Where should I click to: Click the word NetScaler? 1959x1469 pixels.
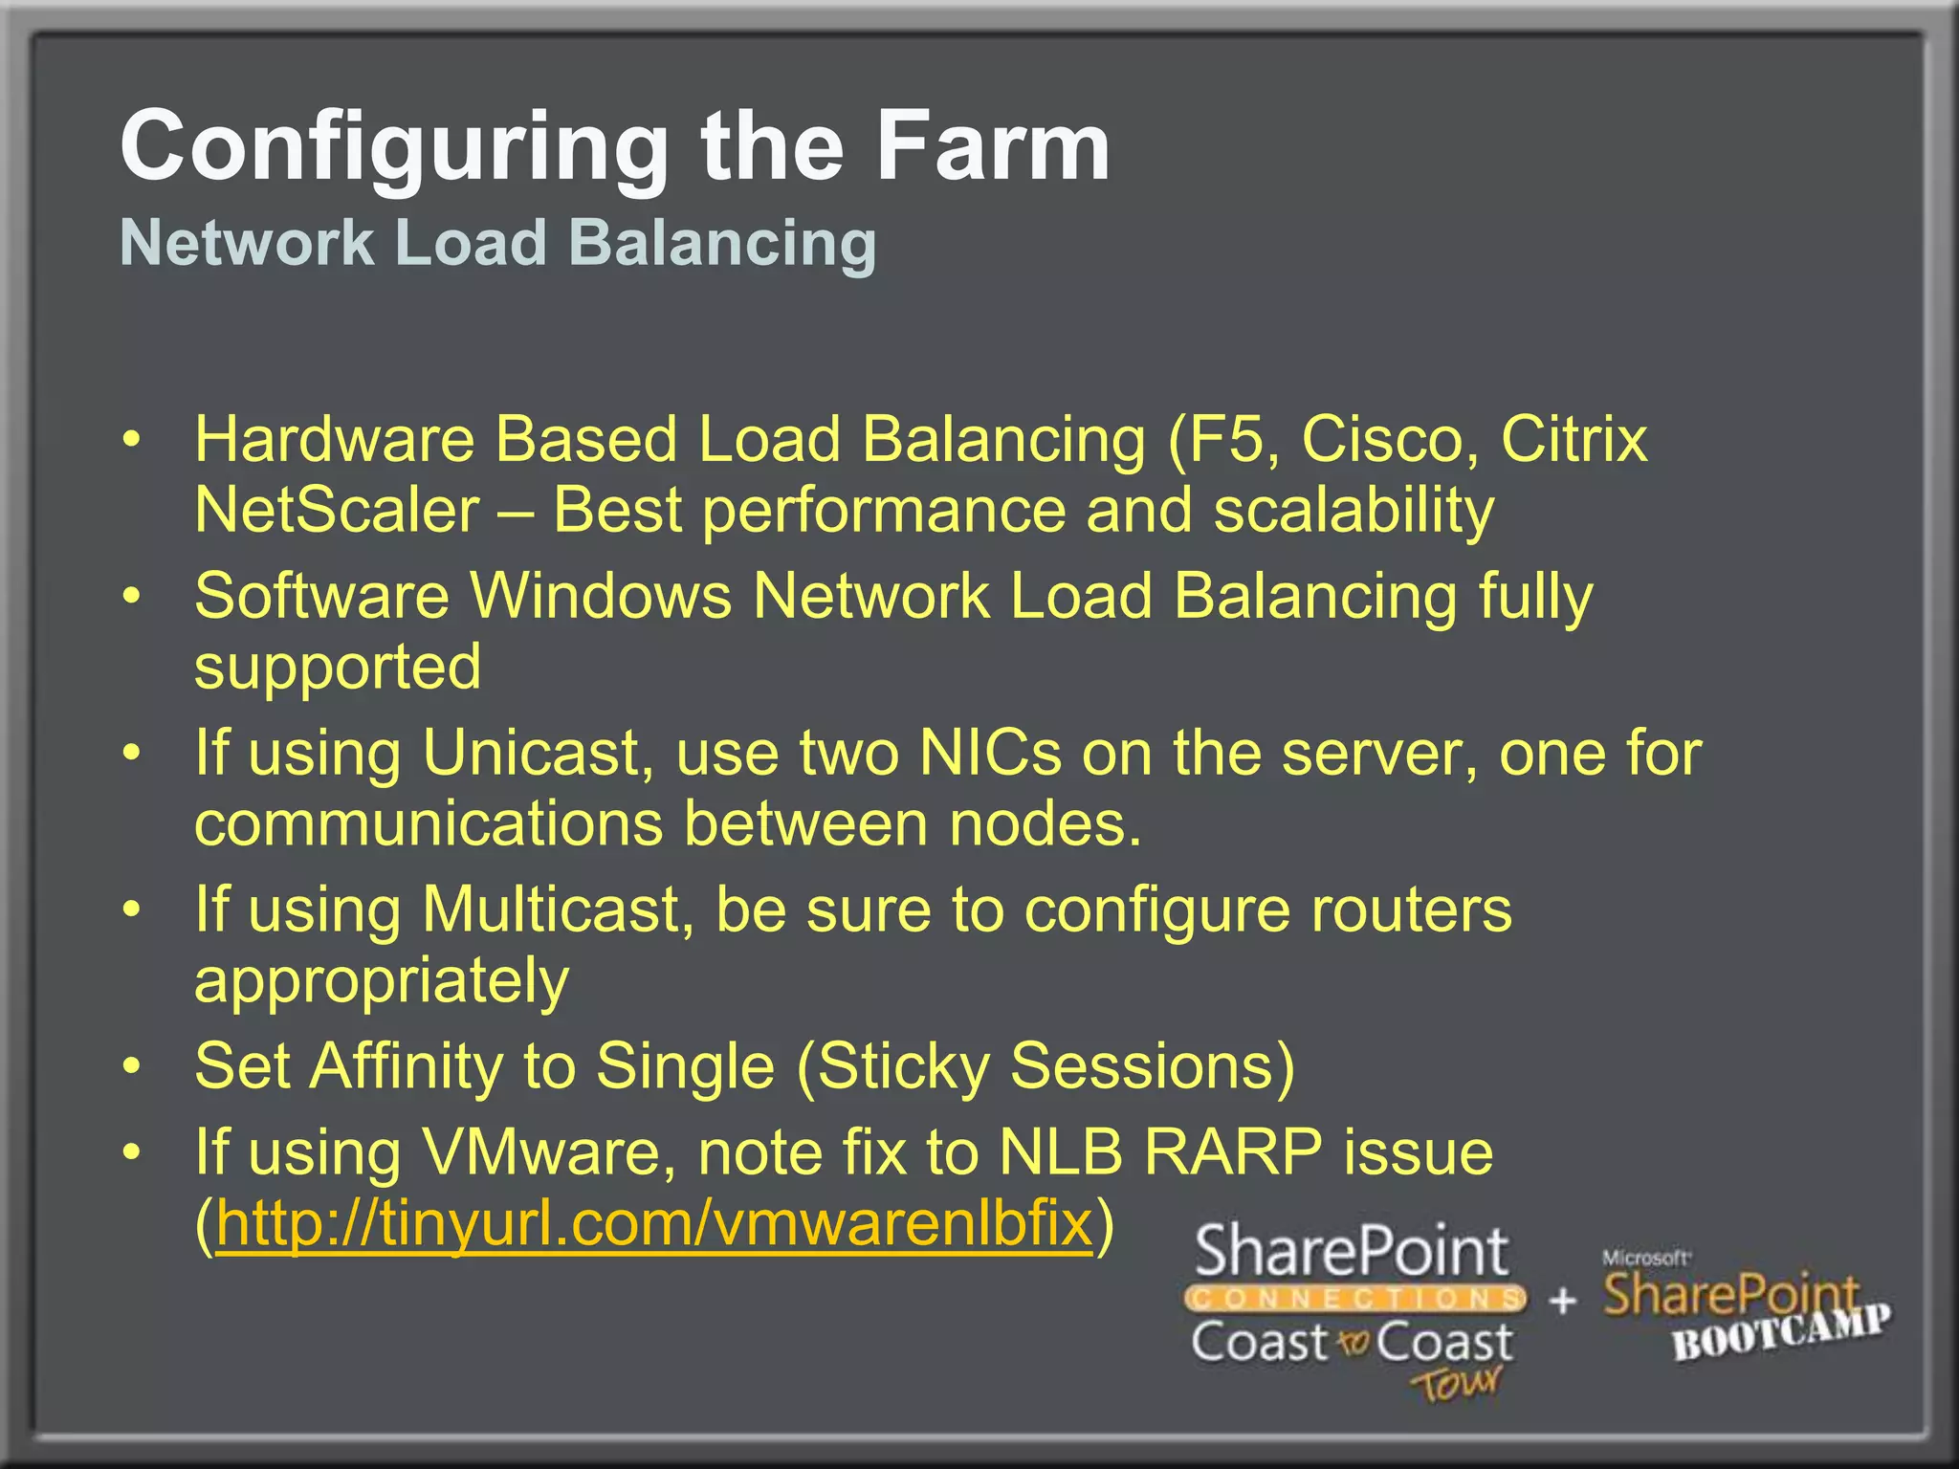337,510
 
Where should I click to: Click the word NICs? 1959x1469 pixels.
989,753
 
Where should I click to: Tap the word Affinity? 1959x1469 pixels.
406,1066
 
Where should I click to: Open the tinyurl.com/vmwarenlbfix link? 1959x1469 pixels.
654,1223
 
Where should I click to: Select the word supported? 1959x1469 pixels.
338,668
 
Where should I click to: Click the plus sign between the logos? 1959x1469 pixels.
1562,1301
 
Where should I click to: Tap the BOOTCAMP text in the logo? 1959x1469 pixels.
1780,1332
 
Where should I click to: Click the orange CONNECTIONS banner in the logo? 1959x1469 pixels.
1354,1299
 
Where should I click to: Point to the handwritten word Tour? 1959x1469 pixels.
1455,1382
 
